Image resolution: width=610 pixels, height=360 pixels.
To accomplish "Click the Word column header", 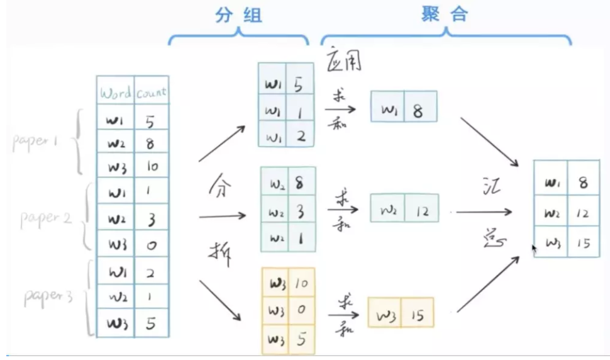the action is click(x=115, y=93).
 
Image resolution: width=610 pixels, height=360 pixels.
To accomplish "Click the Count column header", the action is click(x=151, y=93).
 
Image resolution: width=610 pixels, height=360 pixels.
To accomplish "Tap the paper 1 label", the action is click(x=35, y=141).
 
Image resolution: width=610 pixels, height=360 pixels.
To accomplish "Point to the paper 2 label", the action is click(x=46, y=218).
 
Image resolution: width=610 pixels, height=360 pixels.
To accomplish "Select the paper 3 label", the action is click(x=48, y=295).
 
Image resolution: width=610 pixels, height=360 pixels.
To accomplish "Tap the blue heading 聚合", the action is click(x=445, y=15).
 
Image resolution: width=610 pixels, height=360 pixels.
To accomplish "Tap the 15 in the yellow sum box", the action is click(x=417, y=314).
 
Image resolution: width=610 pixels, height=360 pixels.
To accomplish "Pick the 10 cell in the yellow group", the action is click(x=301, y=284).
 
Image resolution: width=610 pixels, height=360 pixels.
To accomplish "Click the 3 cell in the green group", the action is click(x=300, y=211).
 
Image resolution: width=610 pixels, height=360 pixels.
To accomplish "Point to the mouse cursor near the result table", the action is click(x=535, y=249).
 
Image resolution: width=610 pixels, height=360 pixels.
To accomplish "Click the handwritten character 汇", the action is click(x=489, y=189).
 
